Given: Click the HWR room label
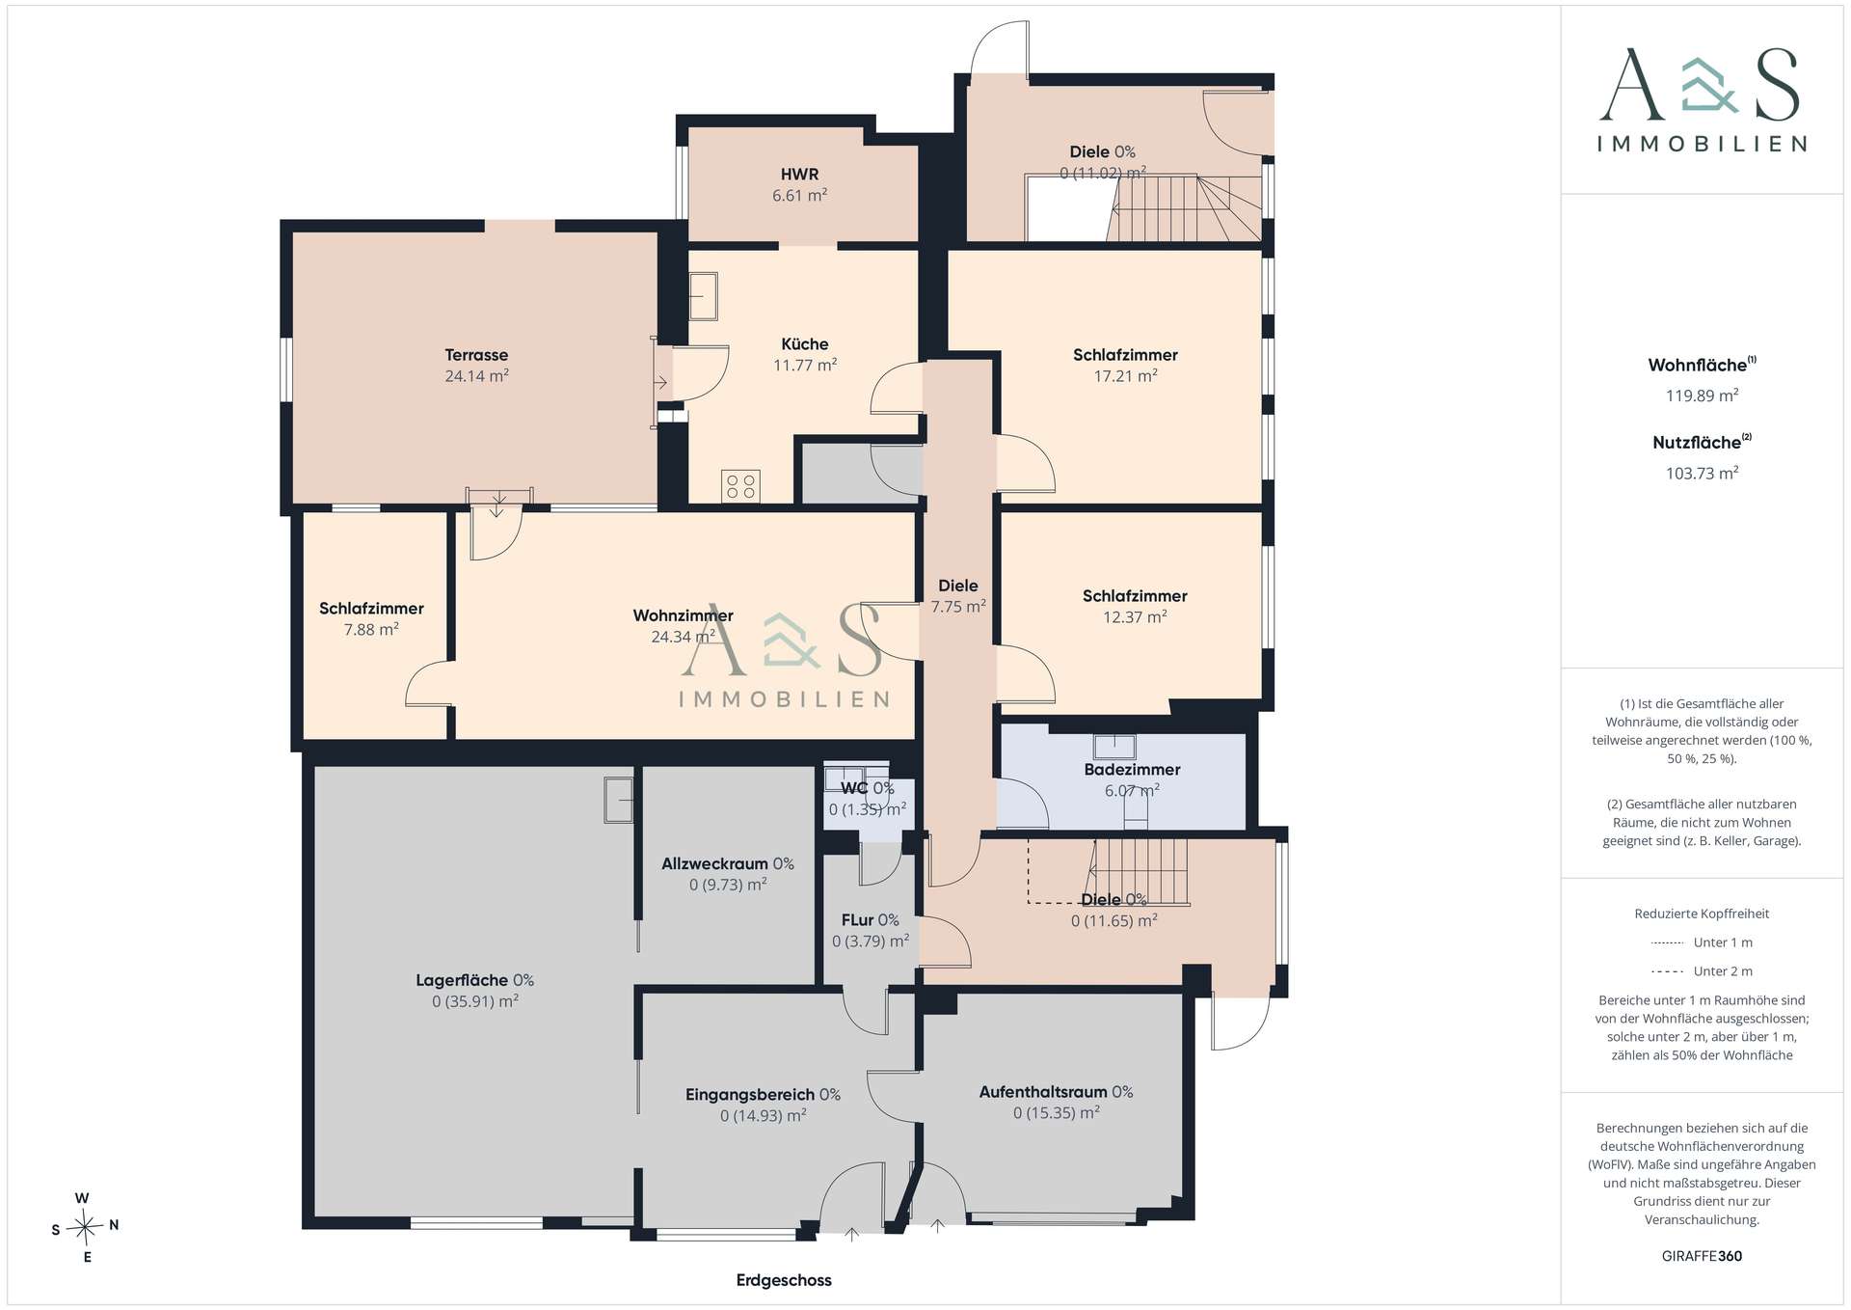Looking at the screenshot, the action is click(x=799, y=175).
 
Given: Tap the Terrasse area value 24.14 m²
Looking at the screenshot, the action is click(x=476, y=376).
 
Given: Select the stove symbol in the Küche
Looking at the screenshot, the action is click(x=740, y=486).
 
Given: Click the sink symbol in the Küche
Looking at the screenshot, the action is click(x=704, y=296).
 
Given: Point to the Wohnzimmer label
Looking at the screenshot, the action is click(x=683, y=615).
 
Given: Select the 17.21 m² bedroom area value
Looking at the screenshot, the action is click(x=1125, y=376).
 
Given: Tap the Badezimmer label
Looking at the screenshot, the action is click(x=1132, y=770).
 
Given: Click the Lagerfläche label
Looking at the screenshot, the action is click(x=462, y=980).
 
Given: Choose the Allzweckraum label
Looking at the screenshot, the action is click(x=714, y=863).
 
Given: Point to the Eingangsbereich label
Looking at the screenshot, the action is click(x=750, y=1095).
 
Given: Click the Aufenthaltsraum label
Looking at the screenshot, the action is click(x=1043, y=1092).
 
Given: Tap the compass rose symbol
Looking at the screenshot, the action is click(x=86, y=1227).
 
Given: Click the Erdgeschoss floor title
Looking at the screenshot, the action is click(x=784, y=1280).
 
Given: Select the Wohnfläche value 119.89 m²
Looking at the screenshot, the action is click(x=1702, y=396).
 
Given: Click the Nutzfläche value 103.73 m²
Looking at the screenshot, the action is click(x=1702, y=473).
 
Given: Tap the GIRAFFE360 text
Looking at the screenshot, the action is click(x=1702, y=1256).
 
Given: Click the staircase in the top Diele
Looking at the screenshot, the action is click(x=1186, y=208).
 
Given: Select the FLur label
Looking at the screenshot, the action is click(x=856, y=920).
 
